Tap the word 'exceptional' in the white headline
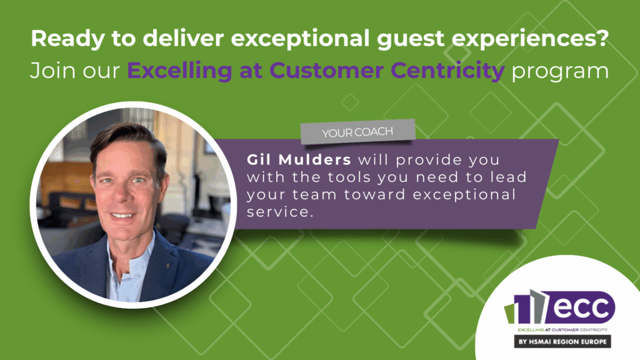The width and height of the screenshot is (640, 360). click(x=300, y=39)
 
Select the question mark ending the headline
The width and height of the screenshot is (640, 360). click(x=602, y=37)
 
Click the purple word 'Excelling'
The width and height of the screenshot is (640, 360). click(x=179, y=71)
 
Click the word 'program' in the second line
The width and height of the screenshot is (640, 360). click(x=560, y=72)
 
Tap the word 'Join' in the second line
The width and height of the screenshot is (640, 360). click(x=53, y=71)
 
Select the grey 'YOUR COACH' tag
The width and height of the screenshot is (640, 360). click(x=358, y=131)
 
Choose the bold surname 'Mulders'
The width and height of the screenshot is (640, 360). click(x=315, y=159)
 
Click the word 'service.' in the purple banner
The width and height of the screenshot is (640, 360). click(x=279, y=212)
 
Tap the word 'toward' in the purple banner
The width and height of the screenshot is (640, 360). click(x=375, y=194)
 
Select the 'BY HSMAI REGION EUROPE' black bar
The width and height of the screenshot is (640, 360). click(x=562, y=342)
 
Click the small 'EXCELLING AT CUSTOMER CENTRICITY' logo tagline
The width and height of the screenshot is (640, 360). click(x=562, y=330)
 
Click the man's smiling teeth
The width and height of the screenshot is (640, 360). click(x=122, y=215)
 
